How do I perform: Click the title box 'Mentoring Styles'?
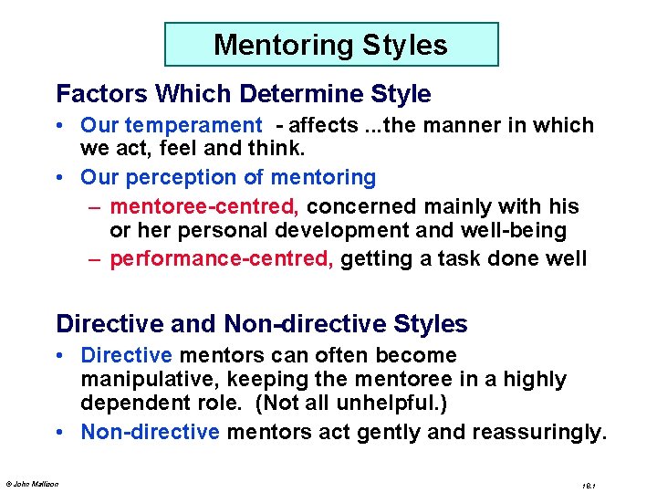[330, 45]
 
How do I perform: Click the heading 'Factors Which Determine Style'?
[243, 94]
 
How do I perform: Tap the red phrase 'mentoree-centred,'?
[186, 205]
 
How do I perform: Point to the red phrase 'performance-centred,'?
[222, 258]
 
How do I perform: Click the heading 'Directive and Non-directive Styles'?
[262, 324]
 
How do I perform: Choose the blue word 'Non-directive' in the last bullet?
[150, 431]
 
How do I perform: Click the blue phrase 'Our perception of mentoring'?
[228, 176]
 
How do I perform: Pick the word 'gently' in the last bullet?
[377, 431]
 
